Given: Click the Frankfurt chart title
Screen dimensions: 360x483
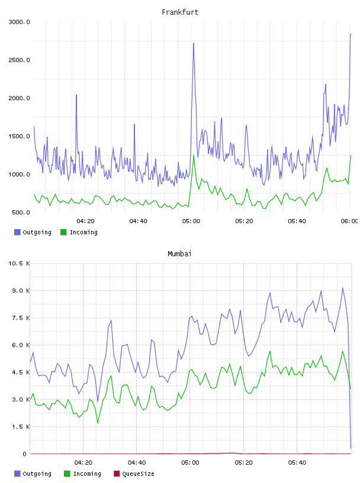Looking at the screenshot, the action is [180, 12].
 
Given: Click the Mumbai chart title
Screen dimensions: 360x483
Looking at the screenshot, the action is [179, 254].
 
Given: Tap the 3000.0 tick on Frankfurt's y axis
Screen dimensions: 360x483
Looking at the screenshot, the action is [19, 22].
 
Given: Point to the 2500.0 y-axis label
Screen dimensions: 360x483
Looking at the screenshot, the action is [19, 60].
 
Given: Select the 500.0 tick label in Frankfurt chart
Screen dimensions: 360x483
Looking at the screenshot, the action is [21, 212].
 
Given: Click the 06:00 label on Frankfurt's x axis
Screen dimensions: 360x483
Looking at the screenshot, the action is [349, 221].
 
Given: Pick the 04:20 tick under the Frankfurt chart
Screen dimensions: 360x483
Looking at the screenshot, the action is [85, 221].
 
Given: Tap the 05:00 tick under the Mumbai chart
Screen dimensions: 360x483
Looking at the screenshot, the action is [190, 463].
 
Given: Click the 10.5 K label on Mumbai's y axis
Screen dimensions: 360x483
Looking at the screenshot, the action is [19, 263].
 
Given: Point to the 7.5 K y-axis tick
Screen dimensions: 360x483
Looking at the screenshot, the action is [21, 318].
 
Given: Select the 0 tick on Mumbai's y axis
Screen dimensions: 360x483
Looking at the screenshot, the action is [25, 454].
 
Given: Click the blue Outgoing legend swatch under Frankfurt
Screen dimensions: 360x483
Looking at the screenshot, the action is [17, 232].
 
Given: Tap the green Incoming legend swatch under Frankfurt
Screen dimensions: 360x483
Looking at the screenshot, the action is [63, 232].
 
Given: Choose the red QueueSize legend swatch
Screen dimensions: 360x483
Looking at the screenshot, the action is [117, 474].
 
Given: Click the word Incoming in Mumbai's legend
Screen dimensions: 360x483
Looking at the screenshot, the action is [87, 474].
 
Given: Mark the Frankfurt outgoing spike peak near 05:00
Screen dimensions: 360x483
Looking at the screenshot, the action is [193, 43].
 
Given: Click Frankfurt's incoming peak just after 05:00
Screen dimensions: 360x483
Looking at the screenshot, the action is [194, 155].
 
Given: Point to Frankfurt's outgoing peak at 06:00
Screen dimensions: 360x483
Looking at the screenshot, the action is [351, 34].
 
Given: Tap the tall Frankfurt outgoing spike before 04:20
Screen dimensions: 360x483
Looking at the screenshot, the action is [76, 95].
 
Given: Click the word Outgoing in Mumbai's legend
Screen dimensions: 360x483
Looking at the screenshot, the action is [37, 474].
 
